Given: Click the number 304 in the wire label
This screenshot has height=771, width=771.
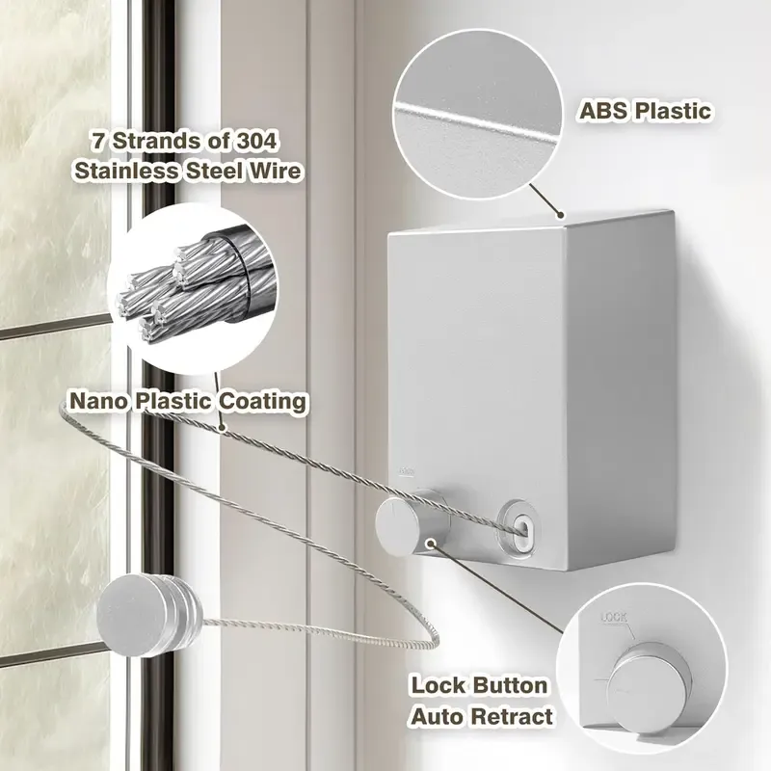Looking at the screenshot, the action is [256, 141].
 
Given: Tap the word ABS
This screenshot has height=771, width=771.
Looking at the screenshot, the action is [602, 111].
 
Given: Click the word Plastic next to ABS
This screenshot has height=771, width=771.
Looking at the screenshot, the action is [672, 111].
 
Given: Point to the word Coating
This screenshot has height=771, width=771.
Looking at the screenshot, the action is [262, 402].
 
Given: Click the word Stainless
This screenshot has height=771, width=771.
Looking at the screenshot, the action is [126, 171].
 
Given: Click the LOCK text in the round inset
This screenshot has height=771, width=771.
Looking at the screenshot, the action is [614, 617].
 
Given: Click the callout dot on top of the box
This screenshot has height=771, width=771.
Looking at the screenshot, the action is [560, 215].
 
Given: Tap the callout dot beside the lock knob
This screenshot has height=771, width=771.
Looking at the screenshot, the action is [431, 544].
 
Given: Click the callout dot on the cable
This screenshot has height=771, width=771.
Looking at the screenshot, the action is [223, 428].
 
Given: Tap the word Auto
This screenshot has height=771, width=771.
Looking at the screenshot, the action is [437, 716].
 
